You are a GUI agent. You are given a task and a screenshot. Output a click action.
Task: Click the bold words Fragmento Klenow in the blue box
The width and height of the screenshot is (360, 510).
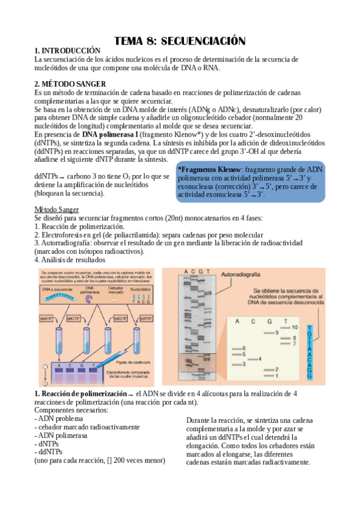tap(210, 170)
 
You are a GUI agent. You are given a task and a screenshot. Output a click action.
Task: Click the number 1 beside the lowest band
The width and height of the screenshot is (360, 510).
tap(276, 376)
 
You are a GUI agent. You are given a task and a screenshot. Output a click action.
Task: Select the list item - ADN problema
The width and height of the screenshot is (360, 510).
tap(61, 418)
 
